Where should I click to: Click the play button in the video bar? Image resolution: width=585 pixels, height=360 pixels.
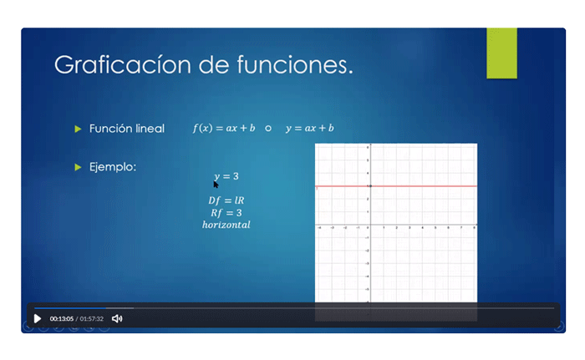coord(37,318)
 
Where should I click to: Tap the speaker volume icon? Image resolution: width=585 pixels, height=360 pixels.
coord(117,318)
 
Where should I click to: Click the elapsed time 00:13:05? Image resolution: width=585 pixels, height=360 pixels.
coord(62,318)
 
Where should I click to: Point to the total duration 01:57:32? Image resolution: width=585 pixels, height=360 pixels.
coord(92,318)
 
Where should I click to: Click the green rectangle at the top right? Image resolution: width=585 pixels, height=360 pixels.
coord(501,53)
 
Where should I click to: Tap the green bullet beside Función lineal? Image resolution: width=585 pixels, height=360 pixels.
coord(78,129)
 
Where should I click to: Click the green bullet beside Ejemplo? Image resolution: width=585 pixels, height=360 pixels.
coord(78,167)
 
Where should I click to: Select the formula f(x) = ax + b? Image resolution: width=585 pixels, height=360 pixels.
coord(224,129)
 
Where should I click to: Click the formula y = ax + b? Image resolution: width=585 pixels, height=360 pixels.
coord(309,129)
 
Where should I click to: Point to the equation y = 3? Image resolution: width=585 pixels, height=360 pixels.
coord(227,176)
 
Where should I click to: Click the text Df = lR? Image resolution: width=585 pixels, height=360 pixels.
coord(226,200)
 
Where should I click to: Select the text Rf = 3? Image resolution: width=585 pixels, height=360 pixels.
coord(226,212)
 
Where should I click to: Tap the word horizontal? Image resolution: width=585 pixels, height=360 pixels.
coord(226,225)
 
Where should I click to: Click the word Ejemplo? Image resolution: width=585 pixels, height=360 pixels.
coord(113,167)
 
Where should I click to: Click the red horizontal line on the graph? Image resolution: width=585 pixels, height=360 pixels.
coord(418,185)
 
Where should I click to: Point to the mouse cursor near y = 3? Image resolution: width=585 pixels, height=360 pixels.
coord(216,184)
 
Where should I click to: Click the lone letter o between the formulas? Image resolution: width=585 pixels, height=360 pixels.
coord(268,129)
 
